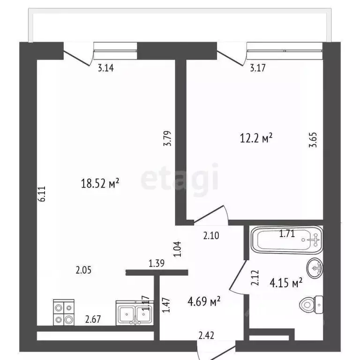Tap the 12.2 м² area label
coord(256,138)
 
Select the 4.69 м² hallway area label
coord(204,301)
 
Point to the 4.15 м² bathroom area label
coord(286,283)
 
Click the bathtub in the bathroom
coord(287,240)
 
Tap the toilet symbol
coord(311,305)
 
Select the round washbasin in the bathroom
coord(315,268)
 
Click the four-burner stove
coord(64,312)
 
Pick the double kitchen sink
coord(135,313)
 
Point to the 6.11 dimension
coord(43,194)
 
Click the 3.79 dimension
coord(167,138)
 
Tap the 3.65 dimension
coord(314,140)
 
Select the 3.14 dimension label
coord(106,68)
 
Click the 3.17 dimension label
coord(258,67)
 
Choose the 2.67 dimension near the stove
coord(93,319)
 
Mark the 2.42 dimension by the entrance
coord(206,336)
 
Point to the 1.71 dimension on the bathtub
coord(287,234)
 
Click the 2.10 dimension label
coord(211,236)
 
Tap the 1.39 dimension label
coord(157,263)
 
